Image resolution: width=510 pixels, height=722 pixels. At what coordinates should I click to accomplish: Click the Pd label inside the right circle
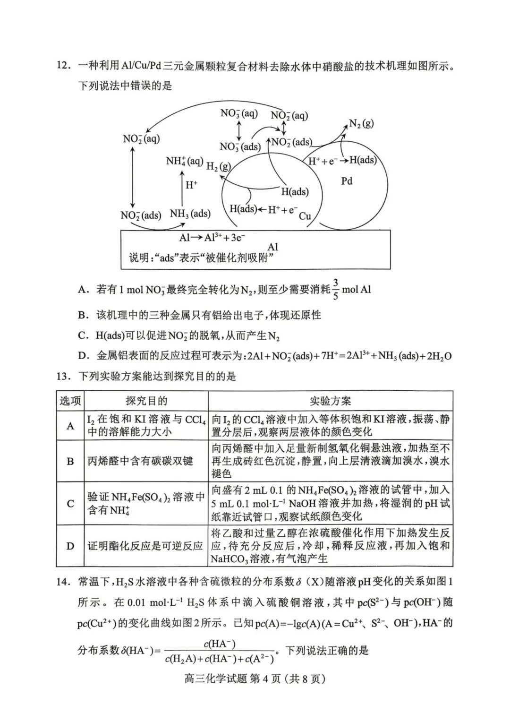[347, 181]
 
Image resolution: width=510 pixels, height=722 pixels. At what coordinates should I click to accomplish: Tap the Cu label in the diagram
[305, 216]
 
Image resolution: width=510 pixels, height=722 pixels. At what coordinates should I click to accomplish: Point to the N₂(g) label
[361, 124]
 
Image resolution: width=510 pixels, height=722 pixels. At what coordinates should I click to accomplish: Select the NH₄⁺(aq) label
[185, 161]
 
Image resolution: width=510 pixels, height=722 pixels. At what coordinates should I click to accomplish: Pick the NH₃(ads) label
[190, 214]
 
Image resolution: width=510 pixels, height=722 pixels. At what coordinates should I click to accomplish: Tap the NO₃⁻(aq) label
[239, 113]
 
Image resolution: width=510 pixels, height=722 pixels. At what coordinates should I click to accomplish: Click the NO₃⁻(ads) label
[240, 146]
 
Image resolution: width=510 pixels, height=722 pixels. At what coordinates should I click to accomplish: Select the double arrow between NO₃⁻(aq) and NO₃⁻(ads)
[239, 130]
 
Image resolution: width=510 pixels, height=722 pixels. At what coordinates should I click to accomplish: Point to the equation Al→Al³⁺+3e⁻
[212, 238]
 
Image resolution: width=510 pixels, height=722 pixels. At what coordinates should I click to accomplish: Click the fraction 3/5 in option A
[336, 289]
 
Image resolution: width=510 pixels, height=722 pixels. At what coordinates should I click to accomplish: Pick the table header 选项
[70, 401]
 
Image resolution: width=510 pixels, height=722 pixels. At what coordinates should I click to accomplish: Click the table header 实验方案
[330, 401]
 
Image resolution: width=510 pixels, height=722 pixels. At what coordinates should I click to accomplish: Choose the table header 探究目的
[146, 401]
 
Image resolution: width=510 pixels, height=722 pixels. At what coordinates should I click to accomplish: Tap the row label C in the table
[70, 504]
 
